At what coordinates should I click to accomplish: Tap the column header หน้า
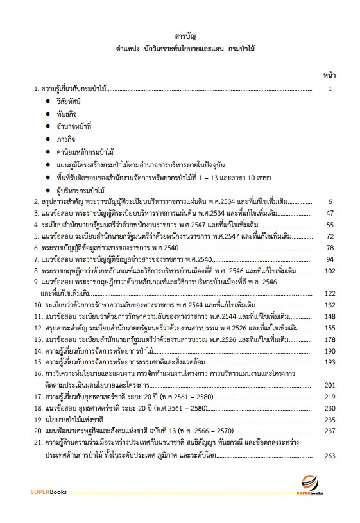(328, 75)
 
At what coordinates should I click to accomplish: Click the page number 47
(330, 213)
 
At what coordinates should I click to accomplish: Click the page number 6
(330, 201)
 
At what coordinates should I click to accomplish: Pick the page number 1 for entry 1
(330, 89)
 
